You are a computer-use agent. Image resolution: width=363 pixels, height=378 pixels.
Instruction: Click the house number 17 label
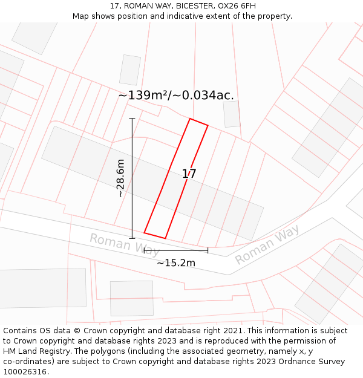coord(189,174)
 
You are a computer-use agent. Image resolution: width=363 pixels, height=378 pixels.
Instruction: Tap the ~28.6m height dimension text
coord(121,178)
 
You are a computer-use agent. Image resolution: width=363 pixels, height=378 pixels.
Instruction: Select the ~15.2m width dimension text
coord(176,262)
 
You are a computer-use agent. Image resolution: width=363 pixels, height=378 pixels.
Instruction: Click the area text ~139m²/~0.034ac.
coord(176,96)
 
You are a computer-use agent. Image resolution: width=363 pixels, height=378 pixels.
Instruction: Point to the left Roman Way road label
coord(124,244)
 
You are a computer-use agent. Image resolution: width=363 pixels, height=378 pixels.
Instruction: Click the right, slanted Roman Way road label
coord(267,244)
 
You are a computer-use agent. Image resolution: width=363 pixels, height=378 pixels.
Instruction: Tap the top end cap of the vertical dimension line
coord(132,119)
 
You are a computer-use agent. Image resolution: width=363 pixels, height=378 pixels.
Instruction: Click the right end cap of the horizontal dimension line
coord(208,250)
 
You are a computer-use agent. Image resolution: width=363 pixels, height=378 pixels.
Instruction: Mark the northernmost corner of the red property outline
coord(191,119)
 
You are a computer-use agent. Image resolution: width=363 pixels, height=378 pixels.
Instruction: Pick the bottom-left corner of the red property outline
coord(144,232)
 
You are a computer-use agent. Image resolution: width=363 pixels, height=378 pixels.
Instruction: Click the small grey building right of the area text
coord(232,114)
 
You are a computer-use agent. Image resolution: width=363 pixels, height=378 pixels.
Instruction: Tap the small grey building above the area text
coord(130,70)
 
